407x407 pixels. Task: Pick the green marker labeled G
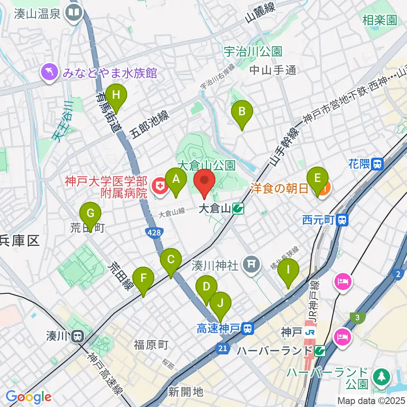coord(90,214)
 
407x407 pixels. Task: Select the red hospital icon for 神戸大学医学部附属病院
coord(159,187)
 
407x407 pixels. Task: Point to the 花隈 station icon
coord(376,164)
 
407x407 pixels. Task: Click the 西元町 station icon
coord(343,220)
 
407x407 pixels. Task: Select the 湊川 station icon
coord(77,337)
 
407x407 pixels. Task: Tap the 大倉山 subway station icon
coord(238,209)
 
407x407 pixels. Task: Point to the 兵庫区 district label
coord(20,241)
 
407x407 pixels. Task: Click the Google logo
coord(28,397)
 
